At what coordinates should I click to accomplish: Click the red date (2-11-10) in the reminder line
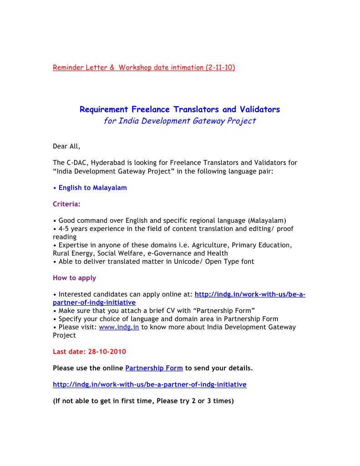point(220,67)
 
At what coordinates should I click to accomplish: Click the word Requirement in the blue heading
point(104,109)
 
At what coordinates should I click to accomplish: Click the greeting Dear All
point(66,146)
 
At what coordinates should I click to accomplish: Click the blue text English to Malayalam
point(92,188)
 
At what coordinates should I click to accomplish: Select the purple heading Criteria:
point(66,204)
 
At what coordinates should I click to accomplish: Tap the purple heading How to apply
point(74,278)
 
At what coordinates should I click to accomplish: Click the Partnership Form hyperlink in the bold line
point(154,368)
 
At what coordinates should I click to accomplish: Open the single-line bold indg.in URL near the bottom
point(149,384)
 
